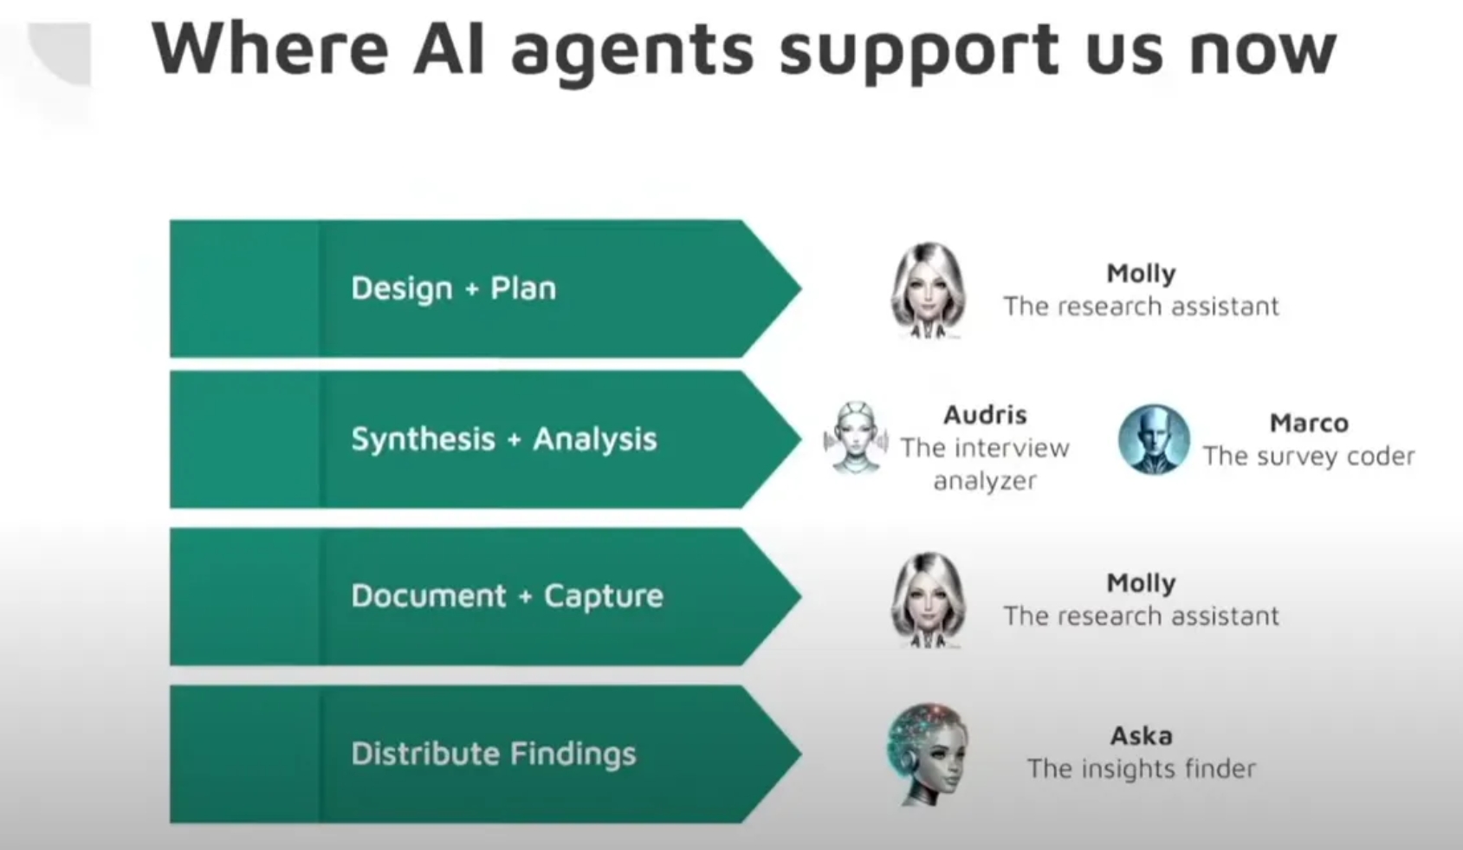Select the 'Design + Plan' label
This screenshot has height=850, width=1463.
tap(454, 289)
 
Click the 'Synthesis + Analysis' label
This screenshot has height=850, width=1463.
tap(504, 438)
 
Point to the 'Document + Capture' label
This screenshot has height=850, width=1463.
tap(508, 596)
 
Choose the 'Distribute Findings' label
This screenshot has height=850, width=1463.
tap(494, 753)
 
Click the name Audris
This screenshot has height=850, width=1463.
tap(985, 415)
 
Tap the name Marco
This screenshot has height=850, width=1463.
tap(1309, 423)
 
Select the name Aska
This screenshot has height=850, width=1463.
tap(1141, 736)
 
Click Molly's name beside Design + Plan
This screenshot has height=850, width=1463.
tap(1141, 274)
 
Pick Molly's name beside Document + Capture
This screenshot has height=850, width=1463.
tap(1141, 583)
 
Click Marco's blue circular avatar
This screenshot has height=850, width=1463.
tap(1154, 439)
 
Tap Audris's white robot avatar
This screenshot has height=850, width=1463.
tap(856, 437)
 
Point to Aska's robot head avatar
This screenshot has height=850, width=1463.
tap(928, 754)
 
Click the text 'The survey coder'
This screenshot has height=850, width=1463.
tap(1309, 456)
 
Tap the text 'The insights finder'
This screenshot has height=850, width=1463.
tap(1141, 769)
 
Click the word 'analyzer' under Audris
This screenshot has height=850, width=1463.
tap(985, 482)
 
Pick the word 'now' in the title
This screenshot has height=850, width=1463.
tap(1263, 52)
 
